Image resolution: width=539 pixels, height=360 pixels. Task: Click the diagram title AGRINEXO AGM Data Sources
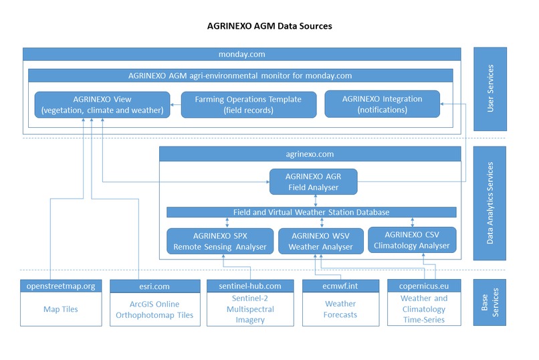click(x=269, y=26)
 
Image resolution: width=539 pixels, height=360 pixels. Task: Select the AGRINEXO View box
click(x=101, y=104)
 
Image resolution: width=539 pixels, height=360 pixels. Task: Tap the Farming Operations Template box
click(x=247, y=104)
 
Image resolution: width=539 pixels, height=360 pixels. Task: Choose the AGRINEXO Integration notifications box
click(x=382, y=104)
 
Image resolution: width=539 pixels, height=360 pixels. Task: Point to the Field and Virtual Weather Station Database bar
click(x=310, y=212)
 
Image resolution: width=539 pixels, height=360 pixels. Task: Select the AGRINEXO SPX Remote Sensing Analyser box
click(x=219, y=241)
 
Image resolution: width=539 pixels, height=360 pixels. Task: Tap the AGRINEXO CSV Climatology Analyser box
click(x=412, y=240)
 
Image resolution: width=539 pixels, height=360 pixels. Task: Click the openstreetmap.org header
click(x=61, y=286)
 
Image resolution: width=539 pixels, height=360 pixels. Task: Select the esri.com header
click(x=154, y=286)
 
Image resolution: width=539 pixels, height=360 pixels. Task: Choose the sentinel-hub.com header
click(x=249, y=286)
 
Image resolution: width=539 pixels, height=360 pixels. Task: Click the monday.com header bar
click(x=242, y=54)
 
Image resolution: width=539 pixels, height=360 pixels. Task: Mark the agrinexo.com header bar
click(x=310, y=154)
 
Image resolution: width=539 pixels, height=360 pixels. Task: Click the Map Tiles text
click(x=61, y=309)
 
